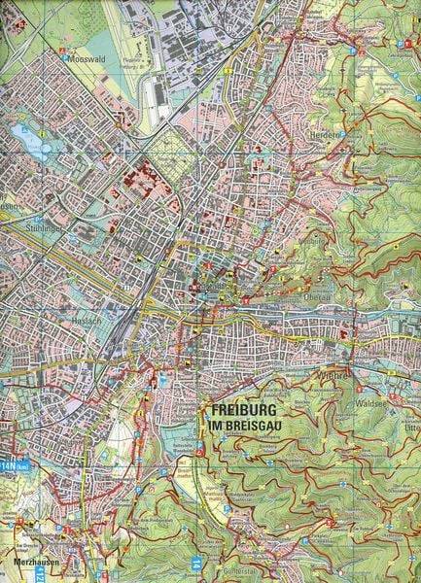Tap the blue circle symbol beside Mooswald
coord(66,56)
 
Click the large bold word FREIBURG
coord(246,410)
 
